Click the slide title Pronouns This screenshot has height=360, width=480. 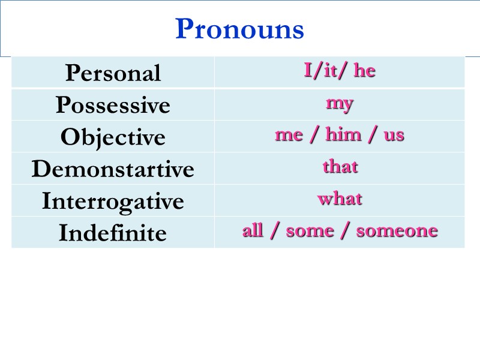click(239, 29)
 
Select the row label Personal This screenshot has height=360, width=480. click(113, 73)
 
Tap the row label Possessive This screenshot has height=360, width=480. click(113, 106)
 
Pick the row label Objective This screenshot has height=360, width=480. click(113, 137)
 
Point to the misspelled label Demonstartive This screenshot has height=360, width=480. click(113, 169)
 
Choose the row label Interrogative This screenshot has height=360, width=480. click(113, 201)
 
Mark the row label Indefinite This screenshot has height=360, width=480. click(113, 233)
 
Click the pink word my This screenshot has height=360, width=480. click(340, 103)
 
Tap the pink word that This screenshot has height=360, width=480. click(340, 166)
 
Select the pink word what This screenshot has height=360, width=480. click(340, 198)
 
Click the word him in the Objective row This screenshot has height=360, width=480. click(343, 134)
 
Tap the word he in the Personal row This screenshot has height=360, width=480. click(364, 71)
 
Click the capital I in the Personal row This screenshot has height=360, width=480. click(308, 71)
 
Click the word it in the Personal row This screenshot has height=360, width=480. click(329, 71)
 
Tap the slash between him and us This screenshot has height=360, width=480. click(373, 135)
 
